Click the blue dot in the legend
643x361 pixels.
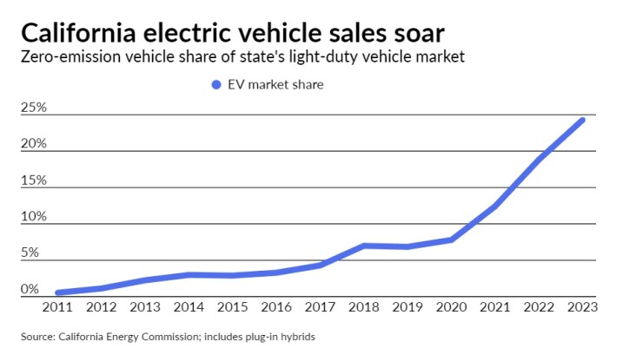point(216,84)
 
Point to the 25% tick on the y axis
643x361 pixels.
point(34,108)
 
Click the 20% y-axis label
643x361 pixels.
point(34,144)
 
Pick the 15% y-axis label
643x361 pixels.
point(34,180)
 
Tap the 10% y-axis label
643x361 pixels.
point(34,217)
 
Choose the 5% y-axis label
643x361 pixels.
point(30,253)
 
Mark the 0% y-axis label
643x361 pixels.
point(30,290)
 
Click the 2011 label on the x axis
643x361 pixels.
point(57,306)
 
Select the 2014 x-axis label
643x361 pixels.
point(189,306)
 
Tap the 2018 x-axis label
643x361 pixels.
point(364,306)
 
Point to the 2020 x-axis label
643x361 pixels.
point(452,306)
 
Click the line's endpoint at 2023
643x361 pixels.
point(582,120)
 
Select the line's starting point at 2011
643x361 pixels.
point(57,292)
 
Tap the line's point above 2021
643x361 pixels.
point(495,206)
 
